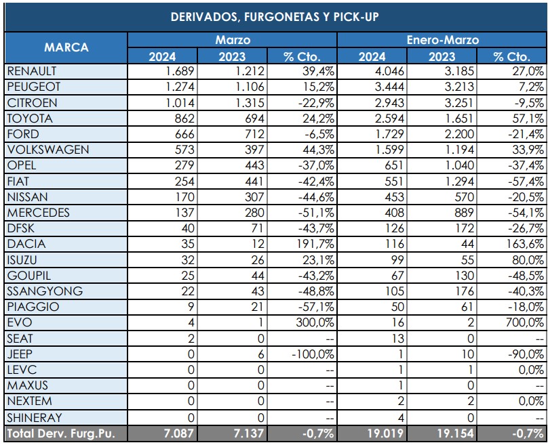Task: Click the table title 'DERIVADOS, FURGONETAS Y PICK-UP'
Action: click(x=273, y=16)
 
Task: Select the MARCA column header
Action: click(x=66, y=48)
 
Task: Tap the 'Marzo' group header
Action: click(x=233, y=40)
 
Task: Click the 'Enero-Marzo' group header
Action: click(x=442, y=40)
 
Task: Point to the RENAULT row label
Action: click(x=32, y=70)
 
